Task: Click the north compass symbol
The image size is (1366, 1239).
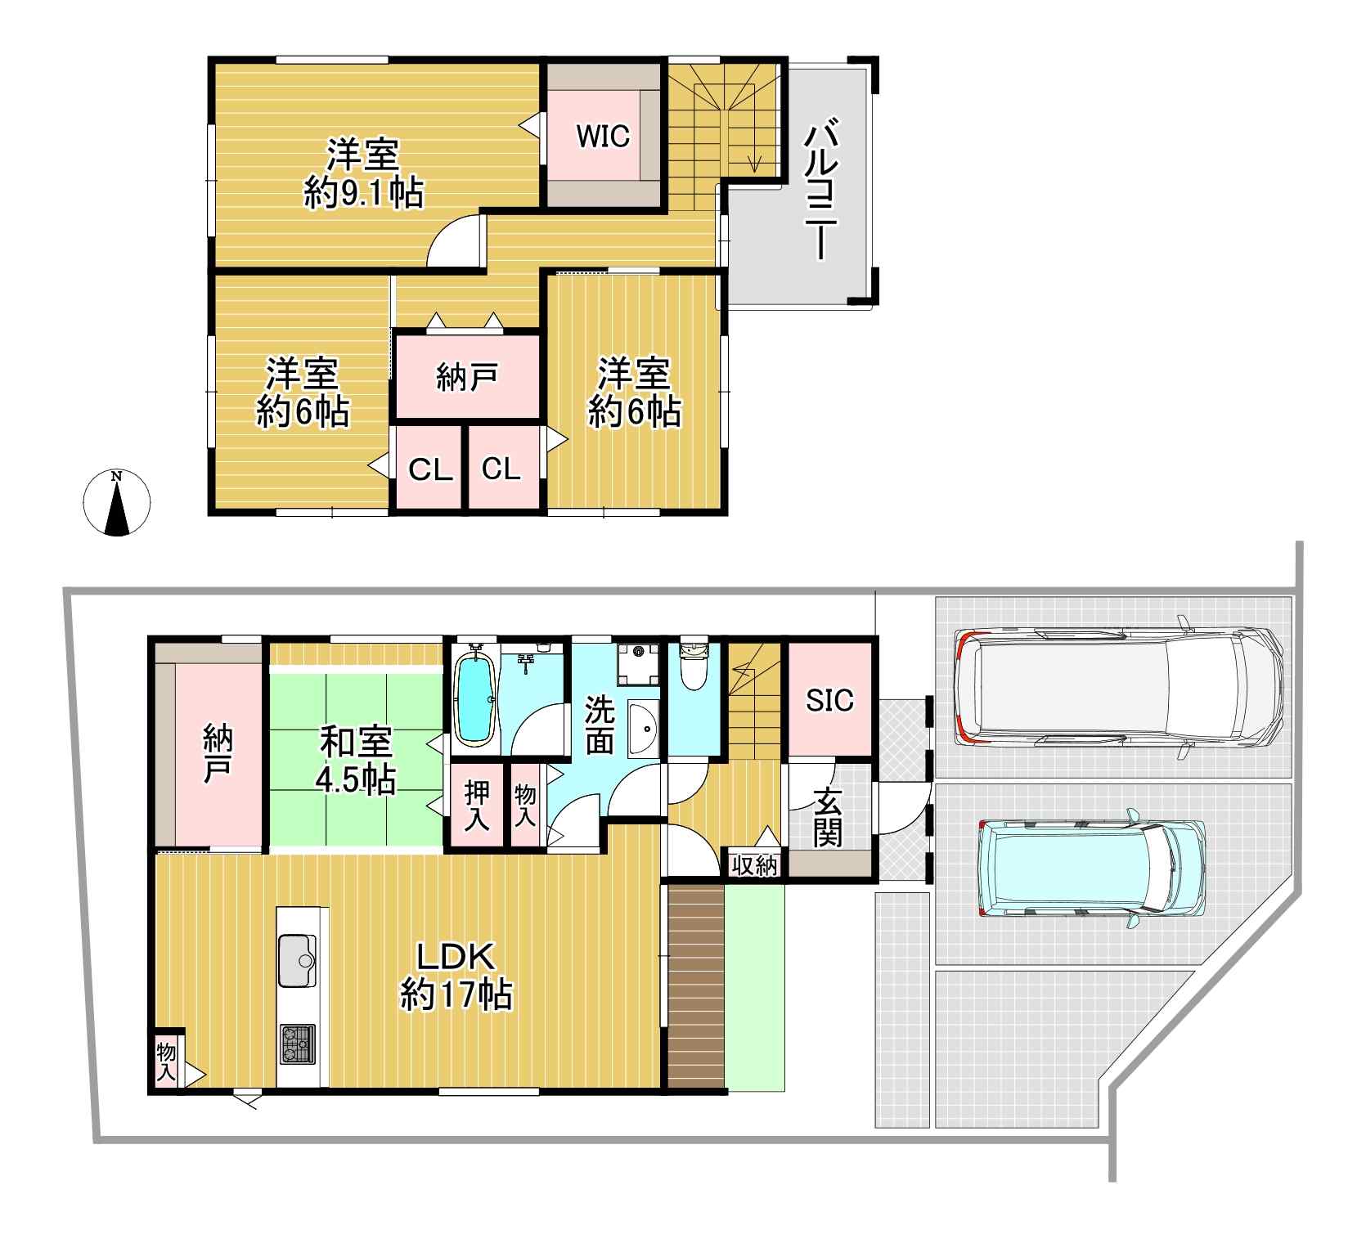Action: click(x=118, y=504)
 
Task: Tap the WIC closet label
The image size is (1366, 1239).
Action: click(x=603, y=136)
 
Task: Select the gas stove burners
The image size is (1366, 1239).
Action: click(x=297, y=1044)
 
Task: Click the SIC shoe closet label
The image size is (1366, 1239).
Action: click(x=829, y=700)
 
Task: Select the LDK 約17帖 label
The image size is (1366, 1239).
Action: click(x=456, y=976)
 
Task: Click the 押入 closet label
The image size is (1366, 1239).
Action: click(x=478, y=806)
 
